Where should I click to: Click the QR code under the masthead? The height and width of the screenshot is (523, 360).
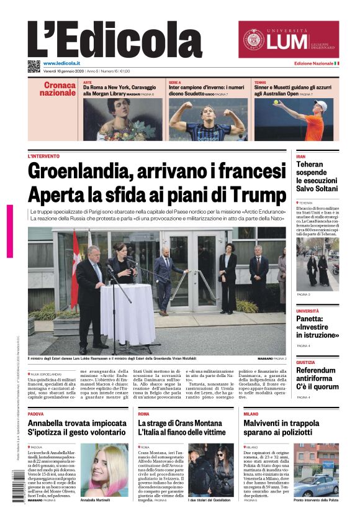coord(34,66)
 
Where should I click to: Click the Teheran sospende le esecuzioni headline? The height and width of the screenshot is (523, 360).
coord(317,177)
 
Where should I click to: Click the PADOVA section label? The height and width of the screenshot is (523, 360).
coord(35,414)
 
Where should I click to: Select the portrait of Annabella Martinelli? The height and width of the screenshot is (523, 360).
coord(104,469)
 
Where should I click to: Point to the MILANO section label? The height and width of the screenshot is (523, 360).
coord(251,414)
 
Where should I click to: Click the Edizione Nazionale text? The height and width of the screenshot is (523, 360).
coord(313,64)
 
